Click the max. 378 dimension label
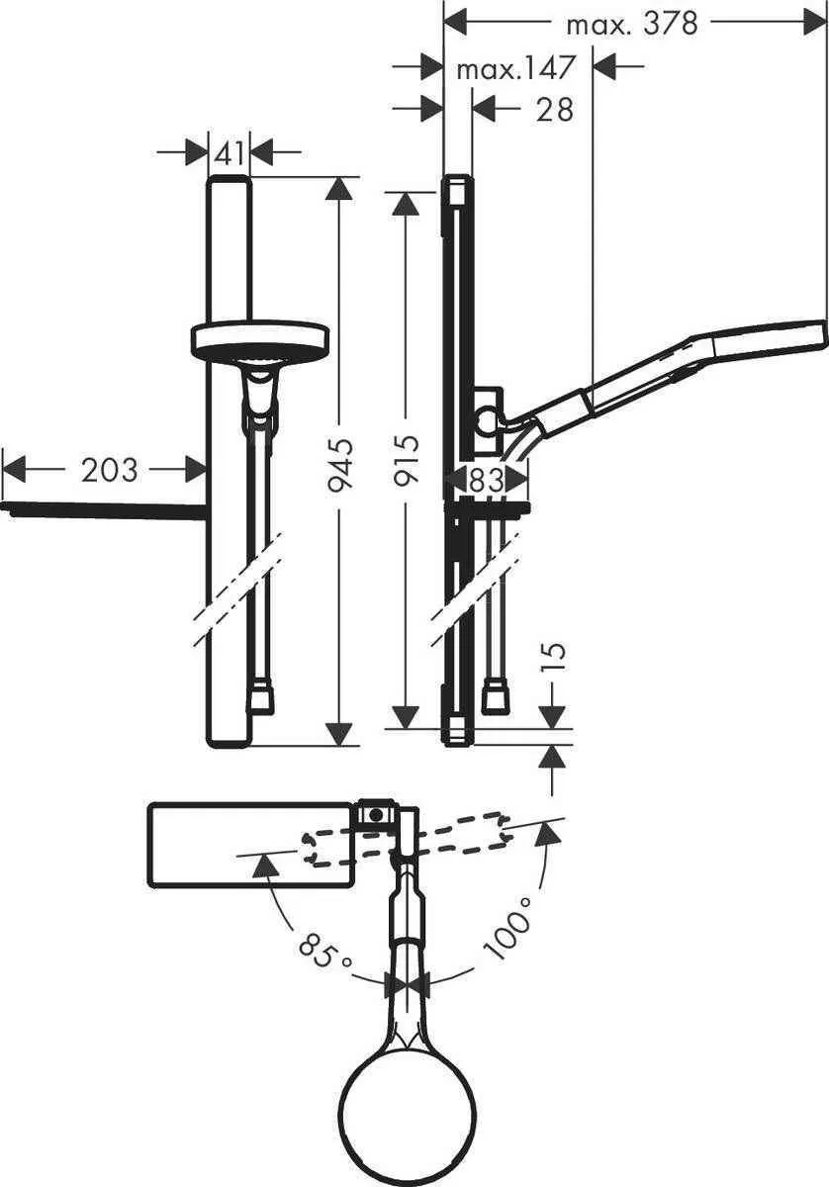[631, 23]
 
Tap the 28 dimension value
[554, 109]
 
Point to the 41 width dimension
[229, 153]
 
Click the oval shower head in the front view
[258, 341]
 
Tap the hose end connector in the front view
[262, 698]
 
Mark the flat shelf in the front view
[104, 510]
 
